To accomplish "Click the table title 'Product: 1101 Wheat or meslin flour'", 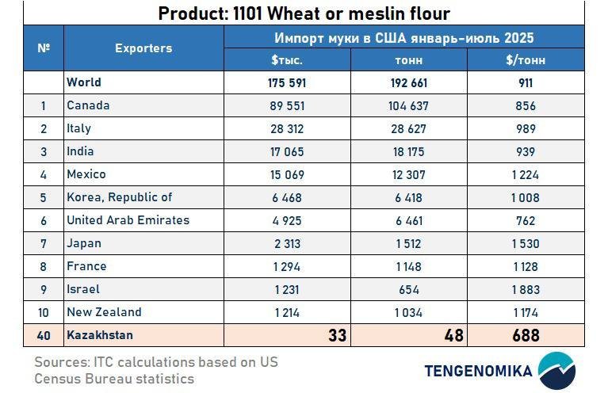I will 304,13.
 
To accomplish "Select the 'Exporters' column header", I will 143,48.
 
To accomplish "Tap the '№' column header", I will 44,48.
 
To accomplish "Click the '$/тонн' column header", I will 525,59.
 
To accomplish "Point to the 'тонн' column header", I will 408,59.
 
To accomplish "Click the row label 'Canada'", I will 88,105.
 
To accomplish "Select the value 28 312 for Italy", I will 287,128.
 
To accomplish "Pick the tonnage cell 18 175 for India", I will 408,151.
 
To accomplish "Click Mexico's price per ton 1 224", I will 525,174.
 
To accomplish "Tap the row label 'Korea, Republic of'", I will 119,197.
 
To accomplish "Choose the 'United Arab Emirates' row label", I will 128,220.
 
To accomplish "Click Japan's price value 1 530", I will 525,243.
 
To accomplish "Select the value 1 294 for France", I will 287,266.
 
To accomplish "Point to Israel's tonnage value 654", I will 408,289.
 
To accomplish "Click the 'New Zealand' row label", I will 104,312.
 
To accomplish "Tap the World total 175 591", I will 287,82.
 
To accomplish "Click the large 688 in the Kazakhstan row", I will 525,335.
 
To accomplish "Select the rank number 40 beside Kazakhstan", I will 44,336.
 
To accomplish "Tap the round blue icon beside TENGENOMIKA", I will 556,370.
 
